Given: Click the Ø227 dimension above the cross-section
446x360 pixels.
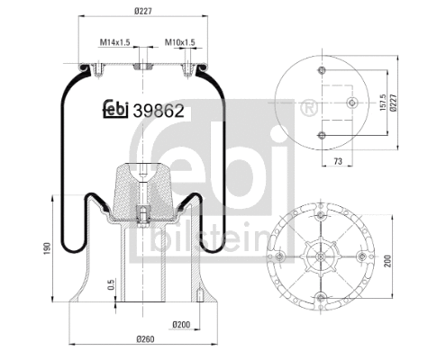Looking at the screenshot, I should [141, 11].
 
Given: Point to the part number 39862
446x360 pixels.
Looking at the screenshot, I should [159, 111].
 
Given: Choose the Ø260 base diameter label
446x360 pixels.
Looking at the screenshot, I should [143, 339].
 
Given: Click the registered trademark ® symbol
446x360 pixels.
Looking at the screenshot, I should [308, 108].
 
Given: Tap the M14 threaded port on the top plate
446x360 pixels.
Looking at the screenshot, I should [141, 67].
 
